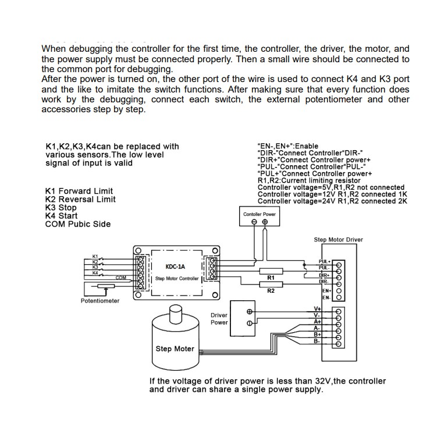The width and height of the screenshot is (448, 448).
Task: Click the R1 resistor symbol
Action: [x=271, y=271]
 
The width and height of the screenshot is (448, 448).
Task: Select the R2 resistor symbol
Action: [x=271, y=284]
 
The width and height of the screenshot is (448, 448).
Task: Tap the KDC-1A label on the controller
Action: [x=175, y=267]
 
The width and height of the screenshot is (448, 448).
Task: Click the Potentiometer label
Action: [x=100, y=301]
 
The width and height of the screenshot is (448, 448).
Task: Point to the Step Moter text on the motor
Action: [x=175, y=349]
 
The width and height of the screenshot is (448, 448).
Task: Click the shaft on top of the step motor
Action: [x=175, y=315]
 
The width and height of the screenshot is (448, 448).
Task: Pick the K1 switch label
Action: [x=95, y=256]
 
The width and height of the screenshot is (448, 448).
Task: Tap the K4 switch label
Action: [x=95, y=272]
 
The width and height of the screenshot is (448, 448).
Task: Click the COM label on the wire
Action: [x=121, y=278]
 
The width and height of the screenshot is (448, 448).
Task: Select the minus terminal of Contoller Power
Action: [x=254, y=222]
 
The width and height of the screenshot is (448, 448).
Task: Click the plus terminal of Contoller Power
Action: [x=265, y=222]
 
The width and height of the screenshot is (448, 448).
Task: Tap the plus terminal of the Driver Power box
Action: [x=250, y=311]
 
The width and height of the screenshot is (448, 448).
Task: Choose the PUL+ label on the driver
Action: [x=325, y=262]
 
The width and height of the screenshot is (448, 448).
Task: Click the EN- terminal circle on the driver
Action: [x=339, y=297]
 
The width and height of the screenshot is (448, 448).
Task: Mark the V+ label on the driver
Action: [x=318, y=308]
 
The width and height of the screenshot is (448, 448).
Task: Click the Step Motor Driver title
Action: [x=338, y=240]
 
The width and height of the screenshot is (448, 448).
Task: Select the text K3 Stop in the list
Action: [x=61, y=208]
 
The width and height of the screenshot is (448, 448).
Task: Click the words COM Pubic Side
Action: [x=77, y=224]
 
